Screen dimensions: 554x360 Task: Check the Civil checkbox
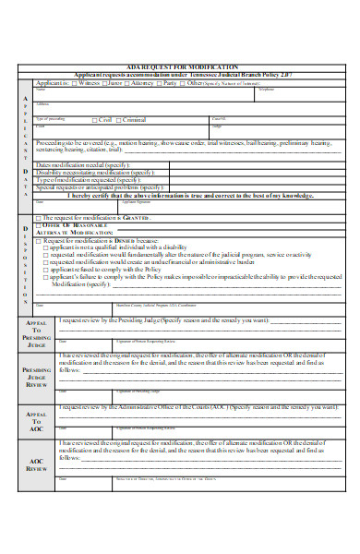(x=95, y=119)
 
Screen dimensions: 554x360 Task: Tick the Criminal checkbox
(x=120, y=119)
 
